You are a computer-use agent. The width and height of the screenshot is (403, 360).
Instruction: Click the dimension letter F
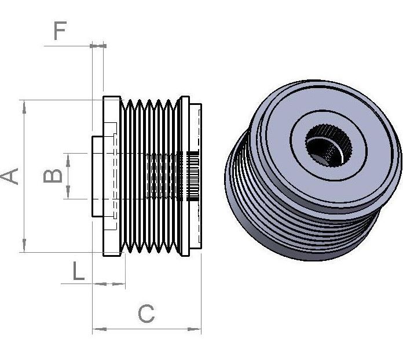point(60,31)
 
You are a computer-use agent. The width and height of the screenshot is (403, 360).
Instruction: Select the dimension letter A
point(9,176)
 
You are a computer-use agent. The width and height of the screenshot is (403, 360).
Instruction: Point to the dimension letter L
point(78,271)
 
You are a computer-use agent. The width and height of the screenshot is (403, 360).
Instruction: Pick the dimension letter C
point(146,314)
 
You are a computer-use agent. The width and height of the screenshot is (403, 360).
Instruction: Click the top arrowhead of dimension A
point(24,107)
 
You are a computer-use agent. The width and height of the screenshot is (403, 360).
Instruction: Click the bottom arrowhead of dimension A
point(24,245)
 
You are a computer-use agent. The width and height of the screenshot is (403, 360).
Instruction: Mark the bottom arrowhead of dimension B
point(68,192)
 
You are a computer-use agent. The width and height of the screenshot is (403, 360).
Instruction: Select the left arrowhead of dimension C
point(100,329)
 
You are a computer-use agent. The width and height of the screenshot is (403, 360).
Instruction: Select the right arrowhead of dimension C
point(195,329)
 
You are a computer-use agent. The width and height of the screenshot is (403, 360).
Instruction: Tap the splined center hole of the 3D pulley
point(328,146)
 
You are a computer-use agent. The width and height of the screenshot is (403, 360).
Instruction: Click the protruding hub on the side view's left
point(98,177)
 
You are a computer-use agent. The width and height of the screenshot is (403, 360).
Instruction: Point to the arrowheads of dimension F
point(98,46)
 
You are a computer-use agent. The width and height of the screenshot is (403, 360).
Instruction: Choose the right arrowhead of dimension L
point(119,284)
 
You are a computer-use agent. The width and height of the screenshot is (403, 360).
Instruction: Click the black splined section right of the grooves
point(192,176)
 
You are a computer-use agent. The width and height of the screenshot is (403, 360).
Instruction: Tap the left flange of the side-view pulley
point(112,176)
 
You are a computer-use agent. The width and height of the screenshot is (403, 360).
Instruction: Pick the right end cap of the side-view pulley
point(195,177)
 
